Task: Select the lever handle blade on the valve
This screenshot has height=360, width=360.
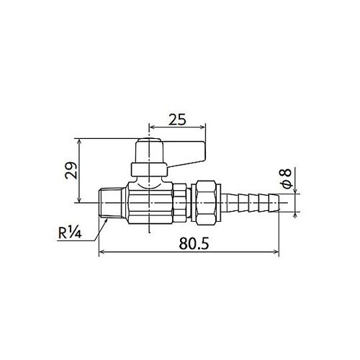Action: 186,150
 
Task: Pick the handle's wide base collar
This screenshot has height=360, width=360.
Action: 148,171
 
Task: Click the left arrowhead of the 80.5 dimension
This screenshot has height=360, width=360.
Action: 100,252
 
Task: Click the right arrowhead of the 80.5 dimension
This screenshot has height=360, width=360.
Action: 279,252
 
